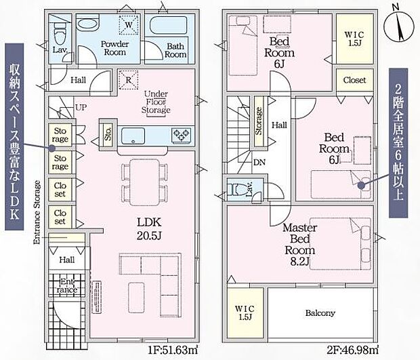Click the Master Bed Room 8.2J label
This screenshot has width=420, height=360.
[x=299, y=247]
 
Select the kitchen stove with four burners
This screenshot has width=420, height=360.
[x=182, y=136]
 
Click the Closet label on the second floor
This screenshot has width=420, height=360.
[x=354, y=80]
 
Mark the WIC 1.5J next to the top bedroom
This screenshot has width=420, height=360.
[x=354, y=37]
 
